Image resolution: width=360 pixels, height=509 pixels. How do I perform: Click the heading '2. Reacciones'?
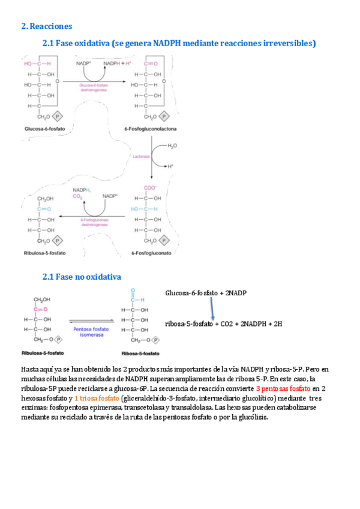(x=46, y=26)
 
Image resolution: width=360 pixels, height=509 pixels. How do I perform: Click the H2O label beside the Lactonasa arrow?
(x=172, y=146)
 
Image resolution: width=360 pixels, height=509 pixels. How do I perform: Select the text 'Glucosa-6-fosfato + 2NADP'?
(x=206, y=293)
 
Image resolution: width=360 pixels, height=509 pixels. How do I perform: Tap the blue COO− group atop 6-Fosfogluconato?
(x=149, y=187)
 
